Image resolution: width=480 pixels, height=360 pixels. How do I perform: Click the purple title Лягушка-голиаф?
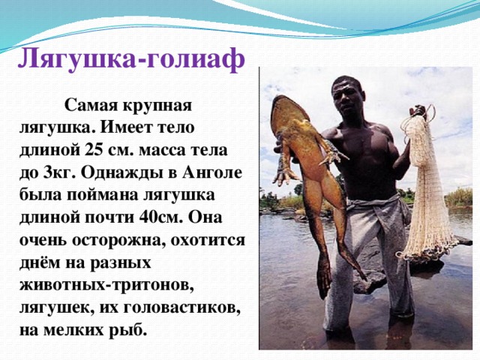click(131, 59)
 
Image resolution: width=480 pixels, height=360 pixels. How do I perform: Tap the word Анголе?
click(212, 172)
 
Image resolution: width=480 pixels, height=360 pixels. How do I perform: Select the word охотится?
click(208, 240)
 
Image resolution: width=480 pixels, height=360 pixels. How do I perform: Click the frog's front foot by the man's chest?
click(333, 154)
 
